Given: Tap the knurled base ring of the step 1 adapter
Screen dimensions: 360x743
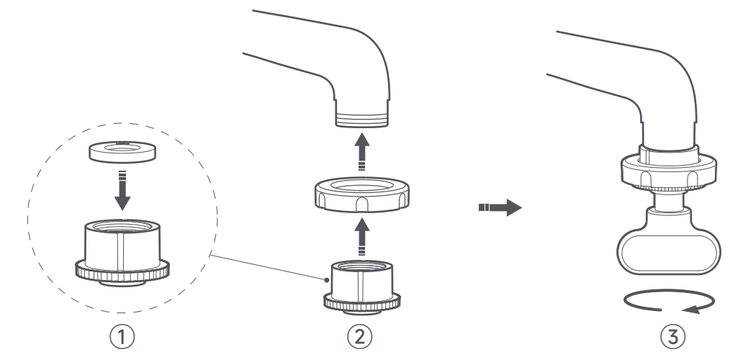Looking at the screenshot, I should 122,272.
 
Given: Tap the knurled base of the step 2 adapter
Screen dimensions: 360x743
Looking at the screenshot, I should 363,303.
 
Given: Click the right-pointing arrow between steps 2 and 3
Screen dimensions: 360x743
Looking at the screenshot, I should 500,208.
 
